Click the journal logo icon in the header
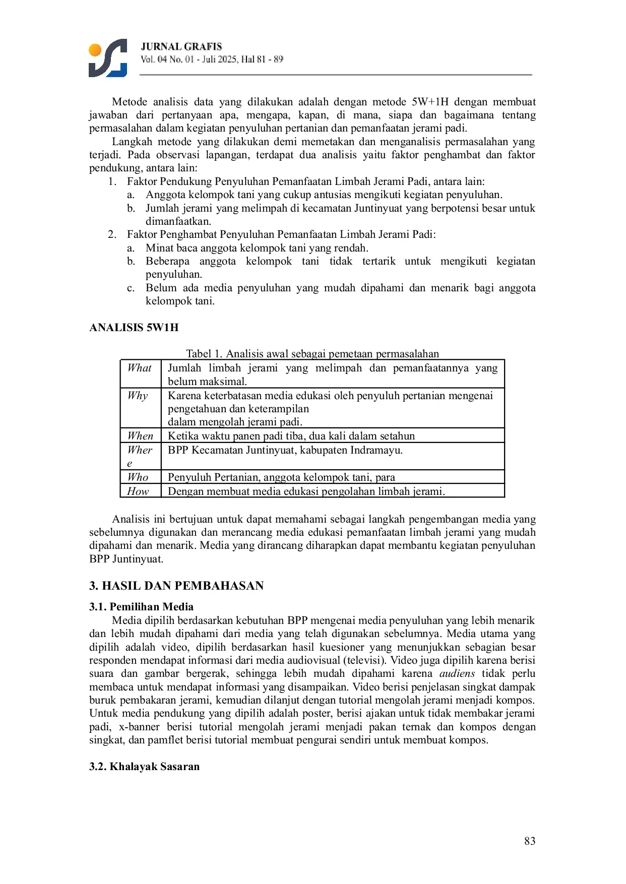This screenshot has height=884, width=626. click(107, 58)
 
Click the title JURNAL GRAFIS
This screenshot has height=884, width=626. click(181, 47)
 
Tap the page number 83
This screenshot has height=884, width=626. click(529, 841)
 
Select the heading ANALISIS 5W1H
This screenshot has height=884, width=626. click(134, 328)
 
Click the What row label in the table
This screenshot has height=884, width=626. click(139, 368)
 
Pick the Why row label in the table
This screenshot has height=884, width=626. click(138, 396)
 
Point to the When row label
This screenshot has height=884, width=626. click(140, 436)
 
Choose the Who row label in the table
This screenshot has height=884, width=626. click(138, 477)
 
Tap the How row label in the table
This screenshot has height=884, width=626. click(138, 491)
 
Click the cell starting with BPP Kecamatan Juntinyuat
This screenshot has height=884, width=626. click(285, 450)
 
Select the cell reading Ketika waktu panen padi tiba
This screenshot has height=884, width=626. click(291, 436)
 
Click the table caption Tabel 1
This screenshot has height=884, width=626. click(312, 354)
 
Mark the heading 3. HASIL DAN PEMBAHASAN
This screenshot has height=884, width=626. click(176, 586)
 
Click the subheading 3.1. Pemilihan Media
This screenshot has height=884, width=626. click(142, 607)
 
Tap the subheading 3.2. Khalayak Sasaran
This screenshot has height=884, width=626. click(145, 767)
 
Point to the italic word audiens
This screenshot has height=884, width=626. click(457, 674)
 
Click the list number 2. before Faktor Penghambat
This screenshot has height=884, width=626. click(112, 234)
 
